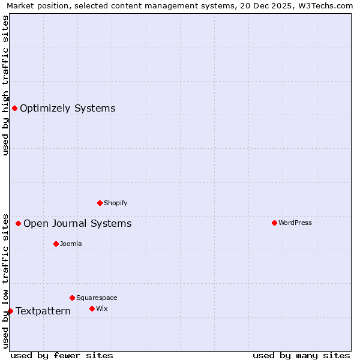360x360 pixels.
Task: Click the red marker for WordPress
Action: tap(274, 223)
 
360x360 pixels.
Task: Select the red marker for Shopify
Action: tap(100, 203)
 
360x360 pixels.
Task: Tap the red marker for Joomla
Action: tap(56, 244)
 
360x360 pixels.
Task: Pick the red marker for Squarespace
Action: tap(72, 298)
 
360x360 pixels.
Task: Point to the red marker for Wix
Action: tap(92, 308)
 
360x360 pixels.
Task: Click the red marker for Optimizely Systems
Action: tap(14, 108)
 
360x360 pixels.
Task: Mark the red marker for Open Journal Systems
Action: tap(18, 223)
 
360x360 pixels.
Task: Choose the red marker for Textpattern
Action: tap(10, 311)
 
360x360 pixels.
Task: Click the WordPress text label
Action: tap(295, 223)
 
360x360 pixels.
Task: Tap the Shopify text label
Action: tap(116, 203)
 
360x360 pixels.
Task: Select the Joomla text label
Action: tap(71, 244)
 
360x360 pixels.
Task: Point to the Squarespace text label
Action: tap(97, 298)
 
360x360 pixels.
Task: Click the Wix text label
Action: tap(101, 309)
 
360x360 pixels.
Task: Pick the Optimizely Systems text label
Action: tap(68, 109)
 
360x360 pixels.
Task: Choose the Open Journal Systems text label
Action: tap(77, 224)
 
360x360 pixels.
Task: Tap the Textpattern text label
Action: tap(43, 311)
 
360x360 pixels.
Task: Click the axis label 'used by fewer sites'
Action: tap(62, 355)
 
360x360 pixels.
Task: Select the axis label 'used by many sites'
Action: tap(301, 355)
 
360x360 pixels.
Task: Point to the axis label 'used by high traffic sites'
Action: tap(5, 85)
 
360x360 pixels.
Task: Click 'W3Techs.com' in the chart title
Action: tap(328, 5)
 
